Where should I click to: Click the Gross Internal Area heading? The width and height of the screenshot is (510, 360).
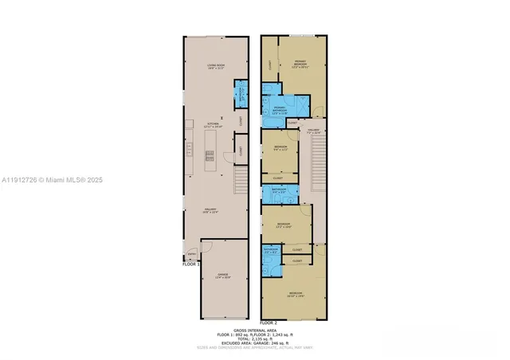[x=254, y=330]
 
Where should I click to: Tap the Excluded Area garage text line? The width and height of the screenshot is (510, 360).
[x=254, y=343]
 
